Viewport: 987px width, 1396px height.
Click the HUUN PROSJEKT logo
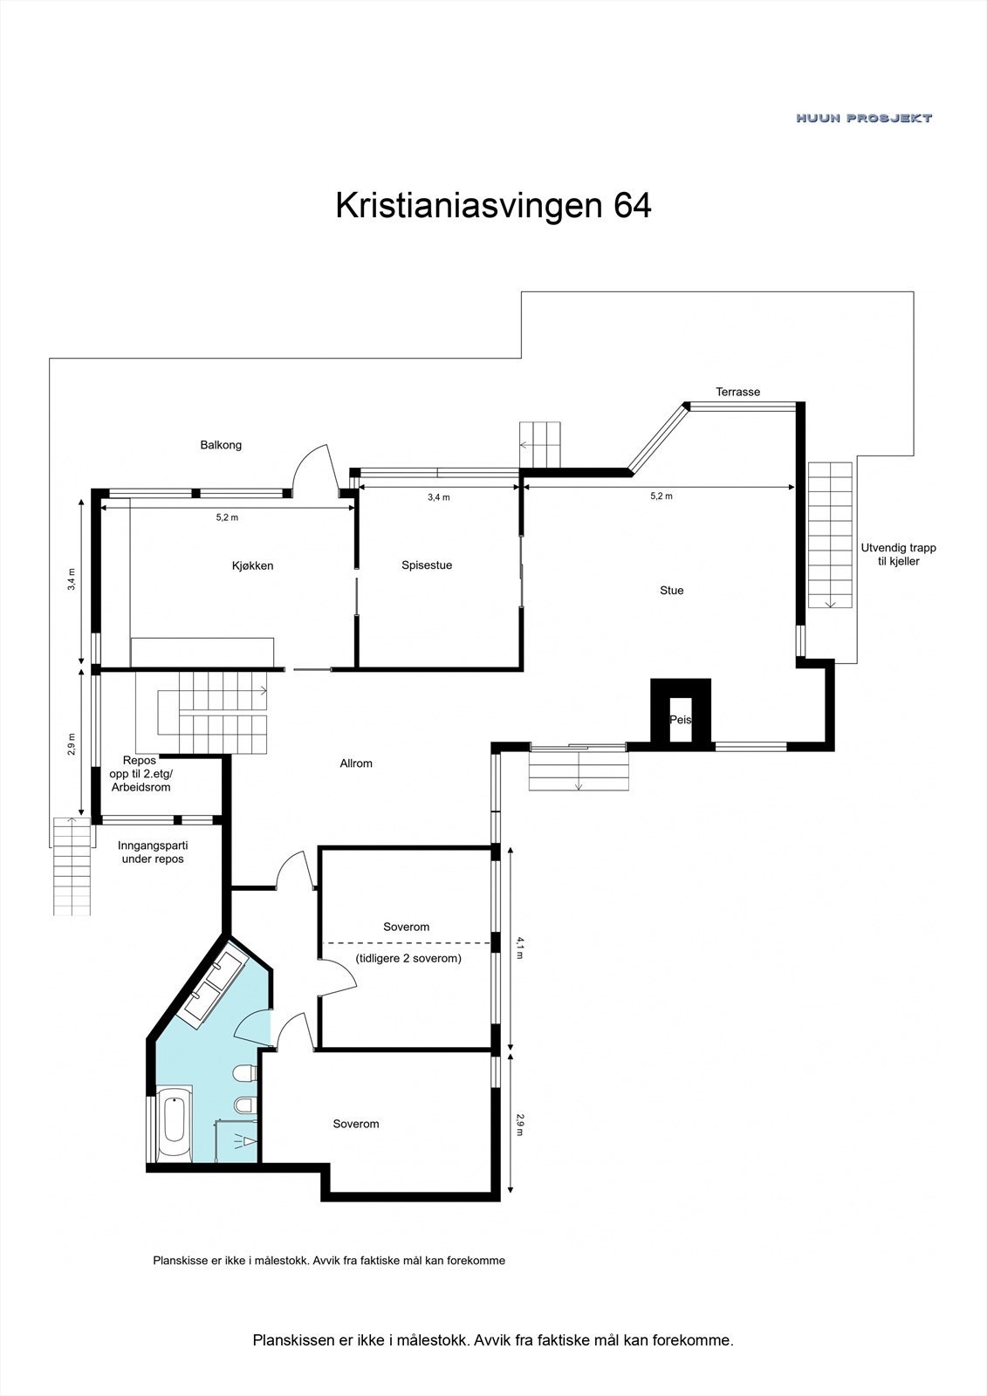pyautogui.click(x=864, y=118)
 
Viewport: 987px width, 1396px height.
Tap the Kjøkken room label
pyautogui.click(x=253, y=565)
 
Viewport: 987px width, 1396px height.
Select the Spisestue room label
pyautogui.click(x=427, y=565)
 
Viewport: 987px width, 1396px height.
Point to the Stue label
pyautogui.click(x=671, y=591)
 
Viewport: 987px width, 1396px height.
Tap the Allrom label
pyautogui.click(x=356, y=763)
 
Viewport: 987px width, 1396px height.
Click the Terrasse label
pyautogui.click(x=737, y=392)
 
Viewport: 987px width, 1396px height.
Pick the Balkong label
pyautogui.click(x=221, y=445)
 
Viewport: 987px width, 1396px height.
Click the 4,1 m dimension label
pyautogui.click(x=520, y=948)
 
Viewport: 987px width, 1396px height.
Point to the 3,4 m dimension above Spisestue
pyautogui.click(x=439, y=497)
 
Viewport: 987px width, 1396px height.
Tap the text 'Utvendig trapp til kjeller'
pyautogui.click(x=898, y=555)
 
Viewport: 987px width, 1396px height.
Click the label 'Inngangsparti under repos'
pyautogui.click(x=153, y=852)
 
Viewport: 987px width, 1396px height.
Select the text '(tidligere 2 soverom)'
pyautogui.click(x=408, y=958)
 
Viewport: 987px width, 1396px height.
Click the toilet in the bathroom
pyautogui.click(x=243, y=1072)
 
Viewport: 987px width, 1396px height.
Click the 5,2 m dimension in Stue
pyautogui.click(x=661, y=496)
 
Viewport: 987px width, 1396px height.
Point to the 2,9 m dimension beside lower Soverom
pyautogui.click(x=520, y=1124)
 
